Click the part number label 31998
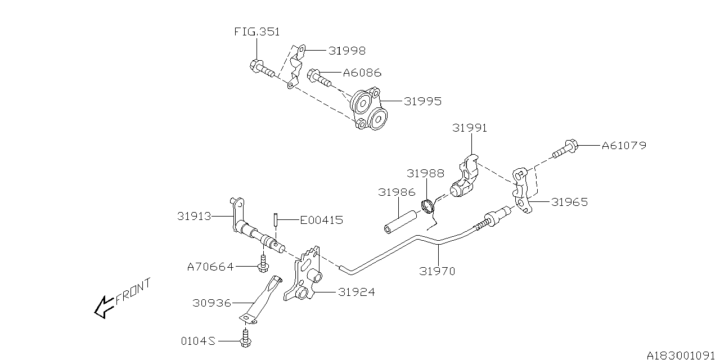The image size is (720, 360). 346,51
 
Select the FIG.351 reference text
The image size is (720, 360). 256,32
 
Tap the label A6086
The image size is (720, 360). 362,73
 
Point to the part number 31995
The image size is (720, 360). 422,101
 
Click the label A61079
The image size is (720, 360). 624,145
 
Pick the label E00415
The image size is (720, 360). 321,220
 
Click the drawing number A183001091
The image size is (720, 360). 681,354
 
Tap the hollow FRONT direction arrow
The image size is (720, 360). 103,308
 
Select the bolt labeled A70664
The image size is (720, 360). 262,263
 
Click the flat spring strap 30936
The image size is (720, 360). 260,300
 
